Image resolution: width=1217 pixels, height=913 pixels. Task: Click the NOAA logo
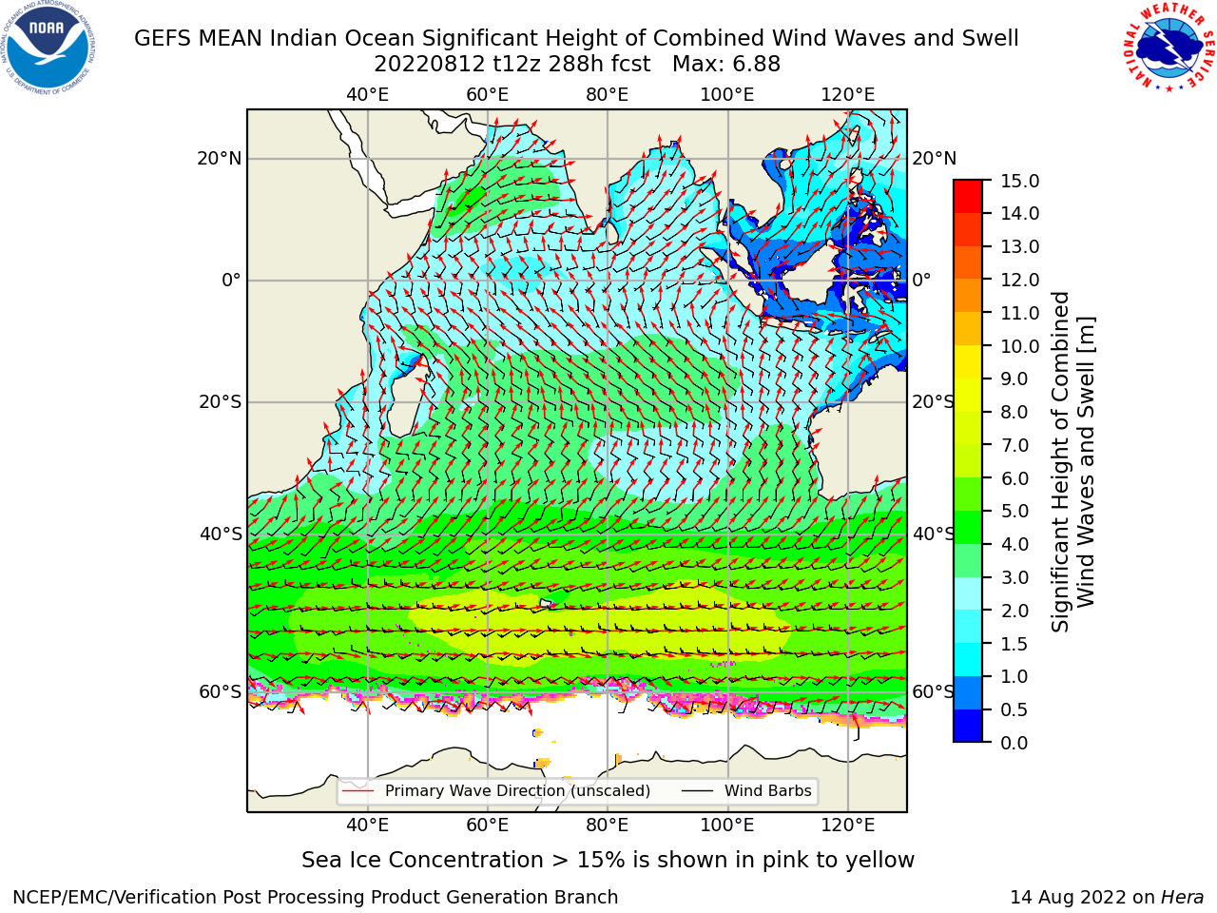(48, 49)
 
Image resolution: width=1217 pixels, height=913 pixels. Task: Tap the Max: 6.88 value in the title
(726, 65)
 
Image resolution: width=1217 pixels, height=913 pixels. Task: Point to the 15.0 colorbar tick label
(1019, 181)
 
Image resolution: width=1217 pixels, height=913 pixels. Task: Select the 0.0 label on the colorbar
(1014, 743)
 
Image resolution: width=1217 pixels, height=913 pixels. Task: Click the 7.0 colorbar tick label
(1014, 446)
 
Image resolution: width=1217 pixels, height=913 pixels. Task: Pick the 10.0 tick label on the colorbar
(1019, 346)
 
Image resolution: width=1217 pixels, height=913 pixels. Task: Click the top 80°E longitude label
(608, 95)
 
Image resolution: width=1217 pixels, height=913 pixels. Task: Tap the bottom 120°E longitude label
(848, 826)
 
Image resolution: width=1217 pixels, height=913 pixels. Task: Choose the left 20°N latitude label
(220, 159)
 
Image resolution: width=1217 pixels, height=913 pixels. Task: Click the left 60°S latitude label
(221, 692)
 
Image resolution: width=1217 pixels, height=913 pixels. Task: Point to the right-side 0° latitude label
(921, 280)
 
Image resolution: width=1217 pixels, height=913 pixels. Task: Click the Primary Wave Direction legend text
(517, 791)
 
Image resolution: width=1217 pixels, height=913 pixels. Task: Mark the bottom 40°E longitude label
(368, 826)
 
